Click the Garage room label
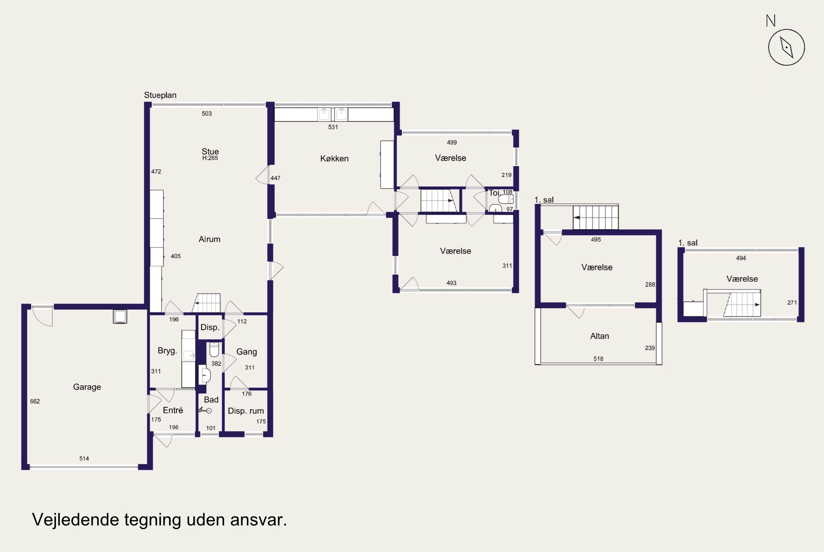[x=87, y=387]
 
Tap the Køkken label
[x=334, y=159]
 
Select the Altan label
[x=600, y=336]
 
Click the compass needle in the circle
[x=786, y=47]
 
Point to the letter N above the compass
[x=771, y=21]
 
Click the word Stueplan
[x=160, y=95]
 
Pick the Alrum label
[x=209, y=239]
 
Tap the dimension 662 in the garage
[x=35, y=401]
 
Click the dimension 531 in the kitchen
[x=333, y=127]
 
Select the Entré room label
[x=173, y=410]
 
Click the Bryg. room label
[x=167, y=351]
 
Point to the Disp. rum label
[x=246, y=411]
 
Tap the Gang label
[x=246, y=352]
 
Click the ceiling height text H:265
[x=210, y=158]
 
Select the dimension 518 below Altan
[x=599, y=359]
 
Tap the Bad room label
[x=211, y=400]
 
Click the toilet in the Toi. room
[x=506, y=199]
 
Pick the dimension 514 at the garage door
[x=84, y=459]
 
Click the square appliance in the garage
[x=120, y=316]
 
